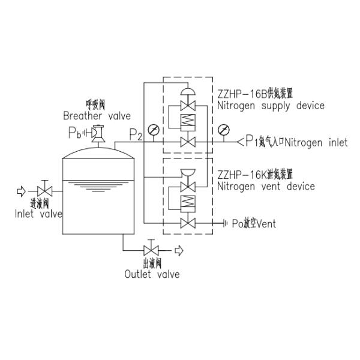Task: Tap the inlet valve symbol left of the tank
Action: point(43,191)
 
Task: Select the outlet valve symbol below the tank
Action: point(150,250)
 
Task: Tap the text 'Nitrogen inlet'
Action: point(316,143)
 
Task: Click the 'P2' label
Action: point(136,135)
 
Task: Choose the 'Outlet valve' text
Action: point(152,274)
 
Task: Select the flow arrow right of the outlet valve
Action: point(178,250)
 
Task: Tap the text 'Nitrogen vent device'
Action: point(266,187)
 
